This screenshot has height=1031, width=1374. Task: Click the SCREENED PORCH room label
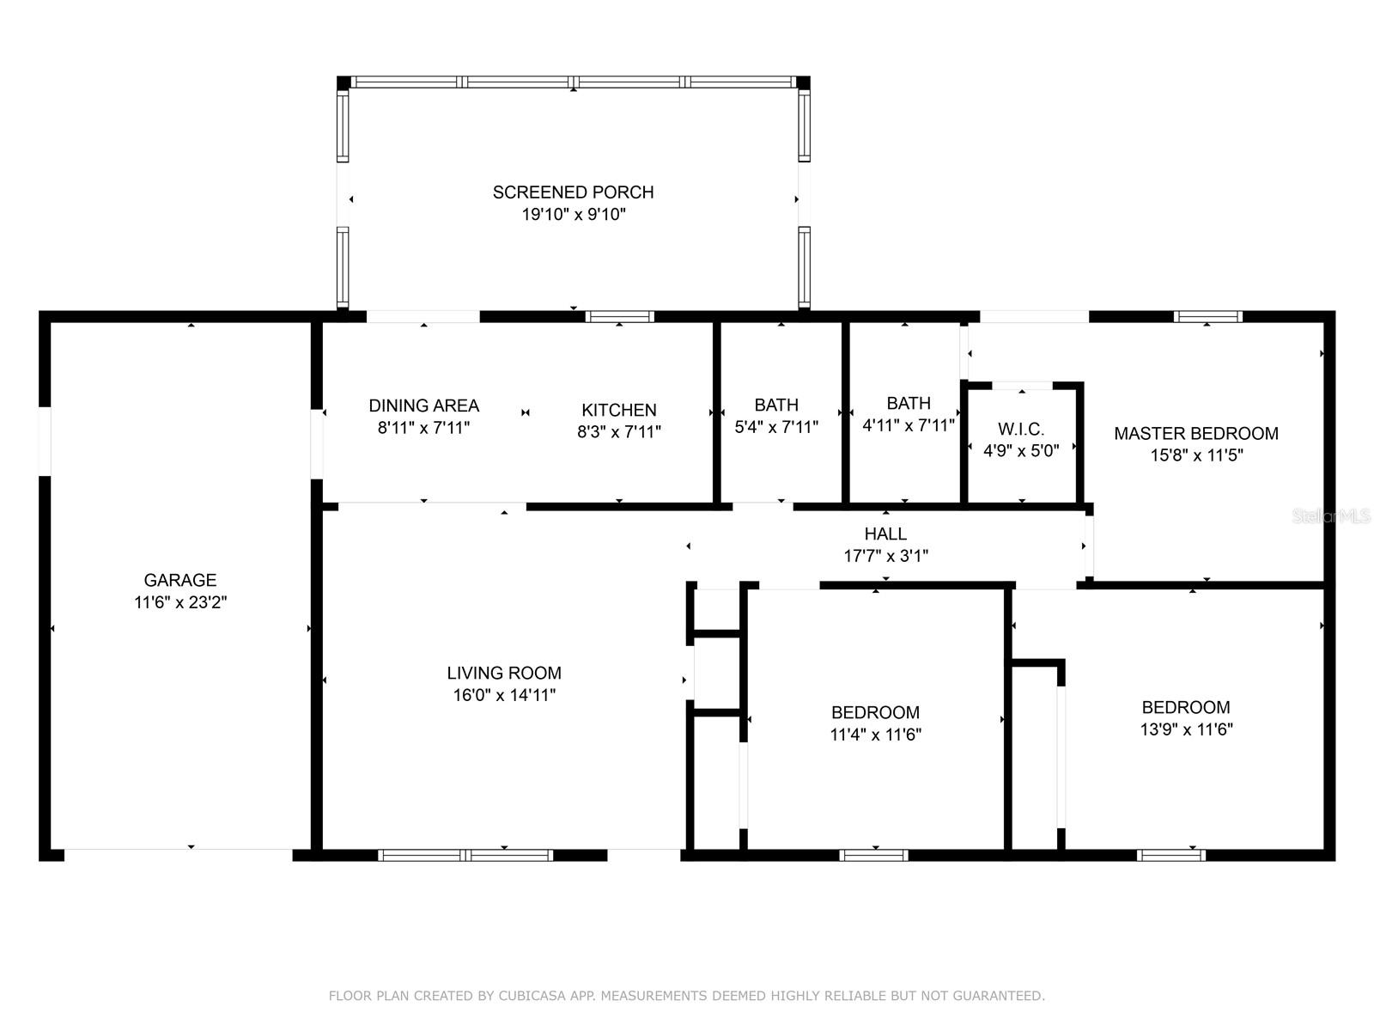pos(573,192)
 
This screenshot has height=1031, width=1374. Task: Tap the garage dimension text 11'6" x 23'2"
pos(180,602)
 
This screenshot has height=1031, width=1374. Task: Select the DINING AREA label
pos(423,406)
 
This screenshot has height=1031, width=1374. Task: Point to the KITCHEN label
pos(619,410)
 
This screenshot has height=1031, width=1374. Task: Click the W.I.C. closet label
pos(1021,430)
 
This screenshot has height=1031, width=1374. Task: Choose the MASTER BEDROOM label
pos(1196,433)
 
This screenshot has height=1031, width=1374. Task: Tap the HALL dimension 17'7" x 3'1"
pos(885,556)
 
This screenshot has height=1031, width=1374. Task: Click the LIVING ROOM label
pos(504,673)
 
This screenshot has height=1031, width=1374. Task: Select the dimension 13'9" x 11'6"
pos(1186,729)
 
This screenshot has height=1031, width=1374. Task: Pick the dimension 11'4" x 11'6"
pos(876,735)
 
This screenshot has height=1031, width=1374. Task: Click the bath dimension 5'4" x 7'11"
pos(776,427)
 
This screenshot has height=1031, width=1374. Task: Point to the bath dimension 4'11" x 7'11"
pos(909,425)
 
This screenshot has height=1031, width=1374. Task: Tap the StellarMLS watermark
pos(1331,516)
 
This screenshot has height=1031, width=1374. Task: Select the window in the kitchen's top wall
pos(620,317)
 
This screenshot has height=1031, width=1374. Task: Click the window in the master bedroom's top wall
pos(1207,317)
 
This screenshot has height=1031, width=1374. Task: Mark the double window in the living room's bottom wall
pos(465,855)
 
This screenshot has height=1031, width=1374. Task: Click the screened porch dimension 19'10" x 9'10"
pos(574,215)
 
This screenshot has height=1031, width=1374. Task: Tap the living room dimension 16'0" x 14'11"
pos(505,695)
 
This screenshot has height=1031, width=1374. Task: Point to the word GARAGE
pos(180,580)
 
